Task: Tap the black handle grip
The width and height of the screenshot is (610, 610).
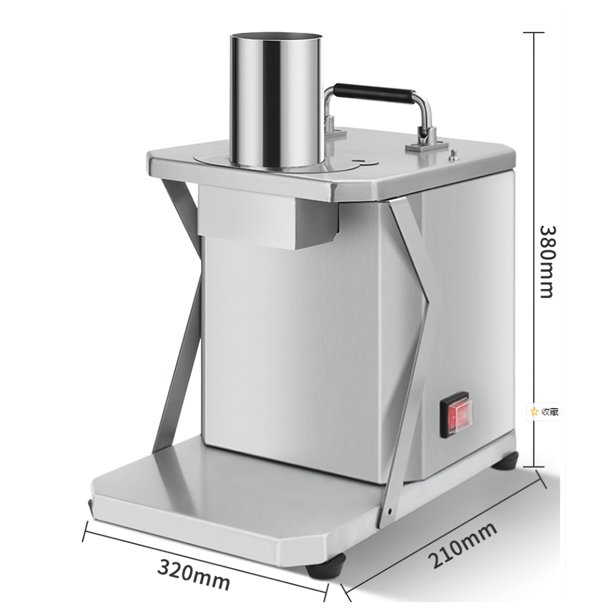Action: [374, 93]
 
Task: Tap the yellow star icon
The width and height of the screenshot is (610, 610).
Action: [534, 411]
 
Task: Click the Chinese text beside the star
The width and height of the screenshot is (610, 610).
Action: [550, 412]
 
